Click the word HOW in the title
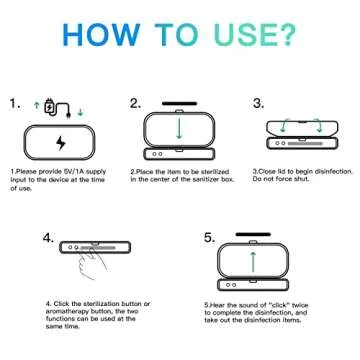101,34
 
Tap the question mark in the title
285,34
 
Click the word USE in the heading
243,34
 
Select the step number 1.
14,103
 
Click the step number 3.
259,103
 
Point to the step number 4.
48,238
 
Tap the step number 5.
210,238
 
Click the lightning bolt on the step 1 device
61,143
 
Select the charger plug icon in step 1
57,108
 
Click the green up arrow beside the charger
36,105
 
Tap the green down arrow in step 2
179,127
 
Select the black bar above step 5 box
253,234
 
